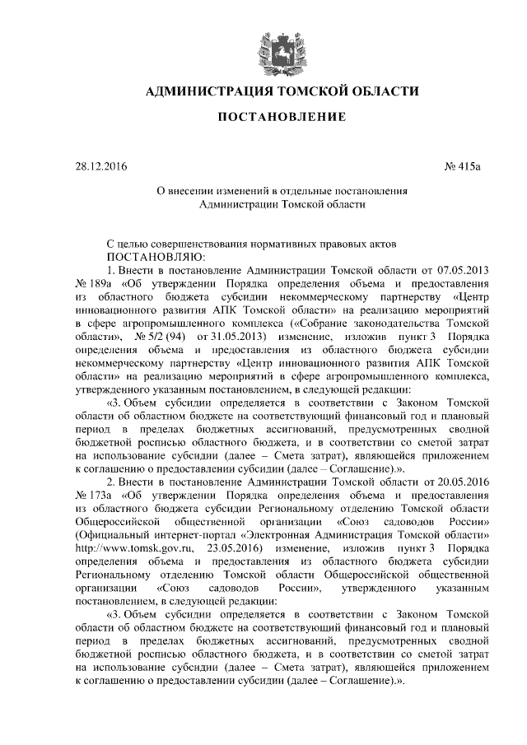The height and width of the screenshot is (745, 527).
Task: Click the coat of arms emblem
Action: click(x=277, y=45)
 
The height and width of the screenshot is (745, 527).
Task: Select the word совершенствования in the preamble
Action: click(x=203, y=244)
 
